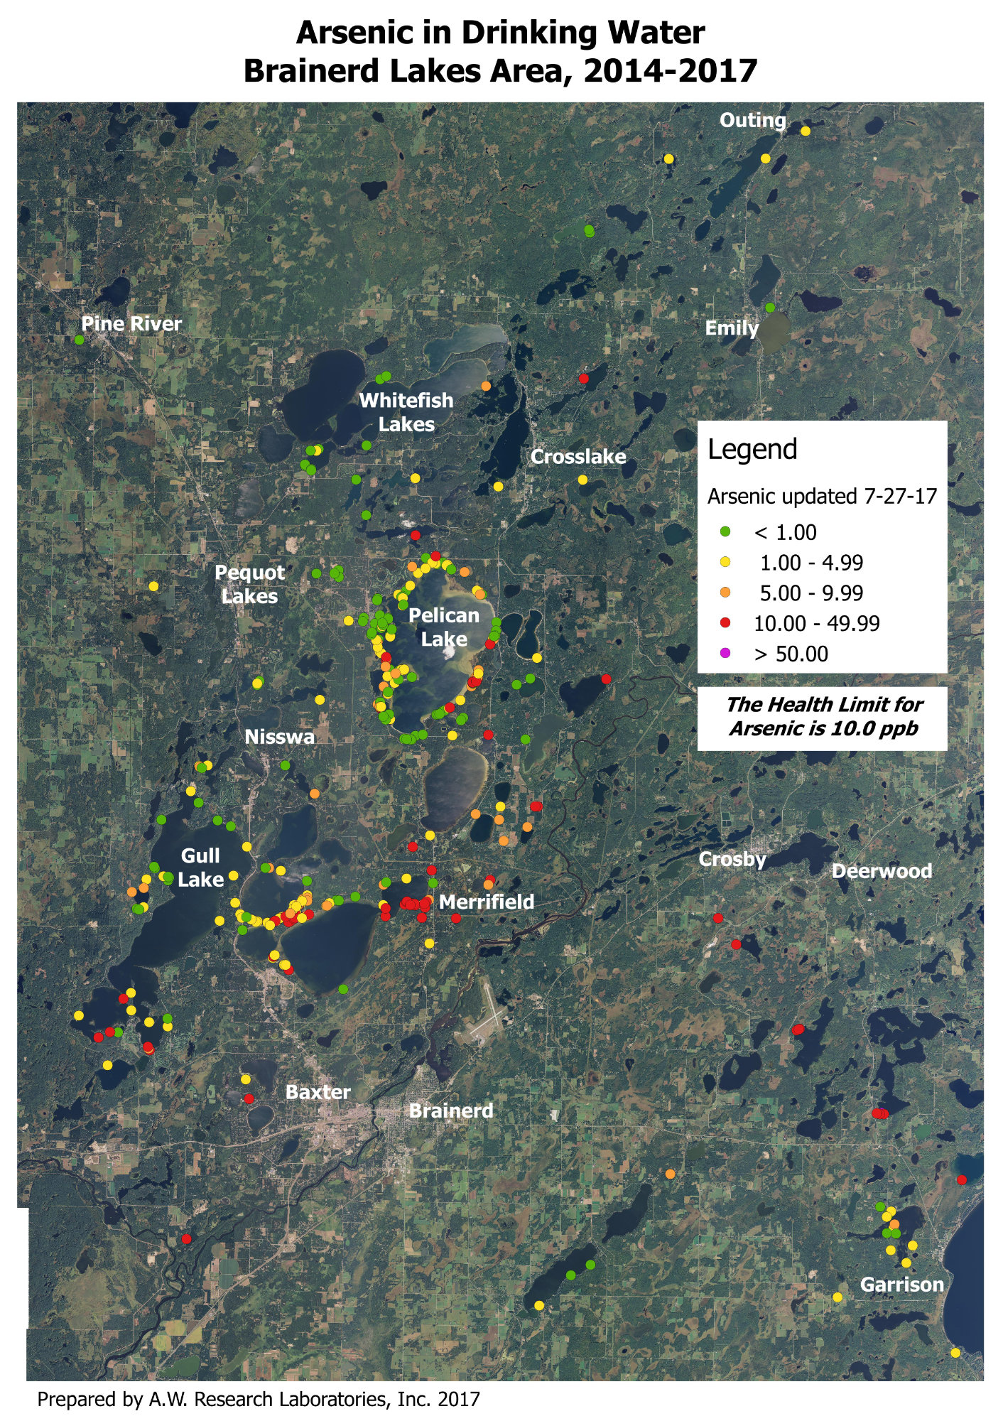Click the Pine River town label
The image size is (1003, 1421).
(131, 324)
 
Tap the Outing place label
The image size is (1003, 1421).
(752, 121)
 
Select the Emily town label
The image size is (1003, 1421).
(731, 328)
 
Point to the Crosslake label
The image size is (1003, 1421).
(578, 457)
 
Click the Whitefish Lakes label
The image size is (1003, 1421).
(406, 412)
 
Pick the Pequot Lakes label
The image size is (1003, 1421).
(249, 584)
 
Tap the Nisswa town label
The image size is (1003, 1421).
(279, 737)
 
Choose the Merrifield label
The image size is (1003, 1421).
(486, 902)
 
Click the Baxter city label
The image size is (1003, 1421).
(318, 1092)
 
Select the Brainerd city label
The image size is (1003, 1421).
(450, 1111)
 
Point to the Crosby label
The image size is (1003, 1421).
(732, 859)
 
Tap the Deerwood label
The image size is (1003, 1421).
(881, 871)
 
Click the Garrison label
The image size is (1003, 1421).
(901, 1285)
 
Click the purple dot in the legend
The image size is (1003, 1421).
(725, 654)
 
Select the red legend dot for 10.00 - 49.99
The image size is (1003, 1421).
(725, 623)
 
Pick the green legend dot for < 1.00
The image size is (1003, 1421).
(725, 531)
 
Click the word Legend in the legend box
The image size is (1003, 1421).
(752, 450)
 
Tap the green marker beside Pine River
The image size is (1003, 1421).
(79, 340)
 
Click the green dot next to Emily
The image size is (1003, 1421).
(770, 307)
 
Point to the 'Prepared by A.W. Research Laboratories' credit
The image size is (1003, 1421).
(259, 1400)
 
